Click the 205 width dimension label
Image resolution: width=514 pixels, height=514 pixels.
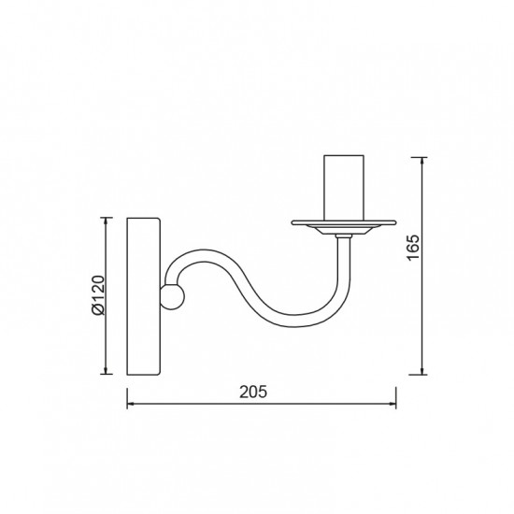pyautogui.click(x=253, y=392)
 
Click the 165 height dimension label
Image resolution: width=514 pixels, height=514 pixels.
pyautogui.click(x=413, y=247)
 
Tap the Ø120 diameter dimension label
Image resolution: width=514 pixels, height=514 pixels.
pyautogui.click(x=98, y=295)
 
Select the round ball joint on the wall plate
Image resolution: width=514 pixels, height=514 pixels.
pyautogui.click(x=173, y=297)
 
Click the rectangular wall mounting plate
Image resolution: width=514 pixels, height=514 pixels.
pyautogui.click(x=144, y=296)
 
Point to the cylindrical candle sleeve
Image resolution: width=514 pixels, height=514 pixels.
pyautogui.click(x=344, y=188)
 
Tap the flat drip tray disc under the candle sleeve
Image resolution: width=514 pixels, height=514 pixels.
pyautogui.click(x=344, y=223)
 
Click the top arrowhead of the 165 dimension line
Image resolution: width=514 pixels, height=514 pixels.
pyautogui.click(x=422, y=162)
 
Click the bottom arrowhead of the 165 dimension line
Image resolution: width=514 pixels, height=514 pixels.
pyautogui.click(x=422, y=370)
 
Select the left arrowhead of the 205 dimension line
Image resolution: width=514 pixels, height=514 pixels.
pyautogui.click(x=131, y=404)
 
